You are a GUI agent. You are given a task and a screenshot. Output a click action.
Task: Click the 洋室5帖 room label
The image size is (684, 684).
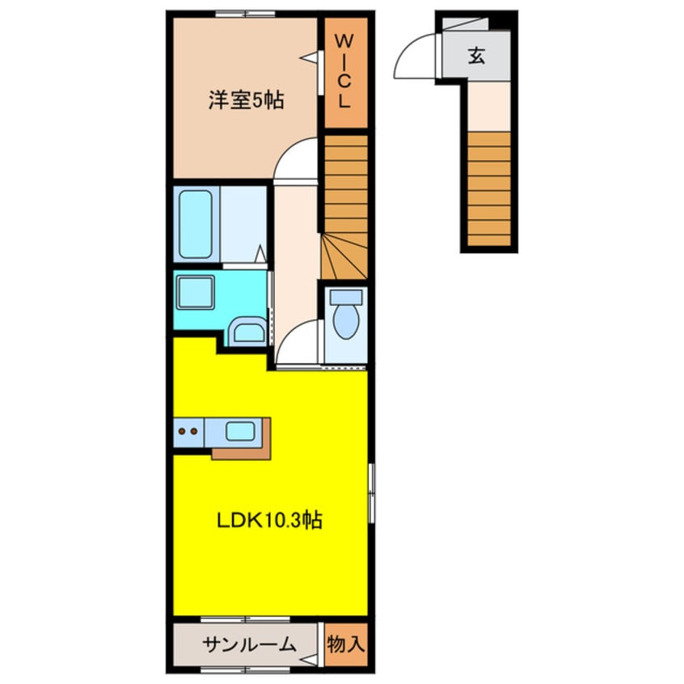(246, 101)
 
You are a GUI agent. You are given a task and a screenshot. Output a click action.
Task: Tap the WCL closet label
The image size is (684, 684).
(344, 73)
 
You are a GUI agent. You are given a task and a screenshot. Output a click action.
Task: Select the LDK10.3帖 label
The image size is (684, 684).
(268, 521)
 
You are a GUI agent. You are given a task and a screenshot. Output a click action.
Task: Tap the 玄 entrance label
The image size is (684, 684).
(476, 56)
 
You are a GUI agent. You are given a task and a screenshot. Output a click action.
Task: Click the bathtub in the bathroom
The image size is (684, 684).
(195, 224)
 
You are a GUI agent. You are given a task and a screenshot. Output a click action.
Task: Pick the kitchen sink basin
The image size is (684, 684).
(239, 431)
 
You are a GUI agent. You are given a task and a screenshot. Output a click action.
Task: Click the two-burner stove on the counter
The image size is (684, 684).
(188, 431)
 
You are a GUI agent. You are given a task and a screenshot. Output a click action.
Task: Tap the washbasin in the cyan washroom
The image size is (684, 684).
(246, 331)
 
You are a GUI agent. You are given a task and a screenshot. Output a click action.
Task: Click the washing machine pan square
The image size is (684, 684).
(195, 290)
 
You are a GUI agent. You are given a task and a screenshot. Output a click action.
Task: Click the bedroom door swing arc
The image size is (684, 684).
(296, 158)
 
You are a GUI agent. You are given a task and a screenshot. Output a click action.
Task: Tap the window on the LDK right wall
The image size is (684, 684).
(371, 493)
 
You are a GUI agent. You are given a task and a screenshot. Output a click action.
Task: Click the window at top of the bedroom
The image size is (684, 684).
(245, 14)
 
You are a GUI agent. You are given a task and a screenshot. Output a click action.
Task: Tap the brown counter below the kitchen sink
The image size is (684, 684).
(242, 452)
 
